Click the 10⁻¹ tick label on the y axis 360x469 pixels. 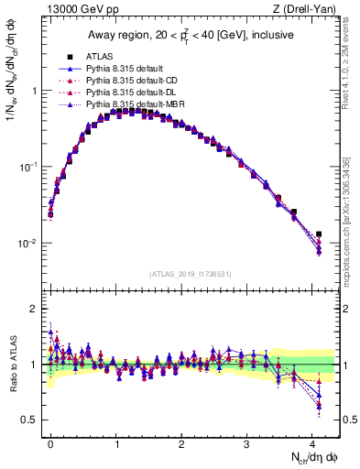coord(27,168)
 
